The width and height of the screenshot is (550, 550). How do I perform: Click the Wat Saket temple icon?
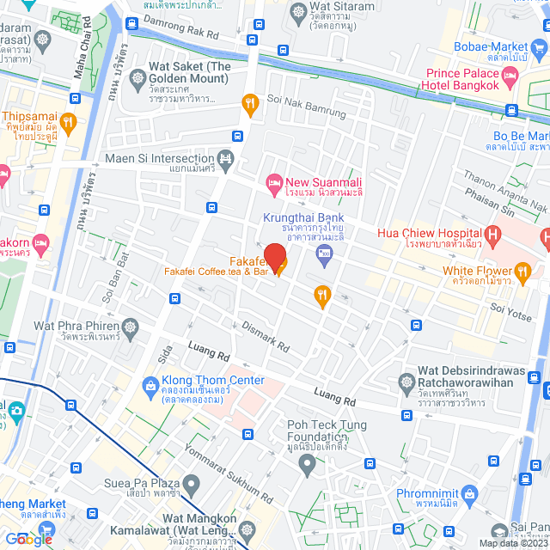point(137,80)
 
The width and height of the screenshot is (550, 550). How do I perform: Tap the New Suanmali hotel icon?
point(274,182)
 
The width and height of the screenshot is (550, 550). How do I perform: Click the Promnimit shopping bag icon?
point(470,493)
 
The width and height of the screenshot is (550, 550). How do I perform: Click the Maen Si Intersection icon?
point(225,158)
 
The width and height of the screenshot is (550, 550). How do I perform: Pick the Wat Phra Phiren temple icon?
point(130,327)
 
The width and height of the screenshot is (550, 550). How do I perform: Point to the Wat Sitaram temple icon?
point(298,13)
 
